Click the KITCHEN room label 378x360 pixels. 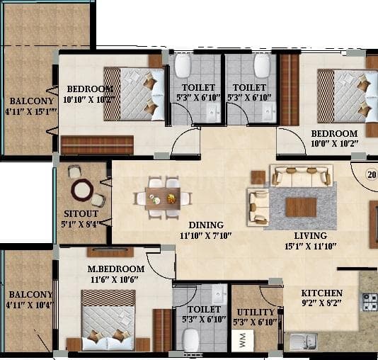tap(322, 293)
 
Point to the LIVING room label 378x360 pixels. tap(311, 235)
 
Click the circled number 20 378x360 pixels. tap(371, 172)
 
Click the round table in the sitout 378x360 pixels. tap(81, 189)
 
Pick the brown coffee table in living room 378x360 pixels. tap(301, 207)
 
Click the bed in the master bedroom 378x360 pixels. tap(108, 319)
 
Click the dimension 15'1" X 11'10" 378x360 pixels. tap(311, 246)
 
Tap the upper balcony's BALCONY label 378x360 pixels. tap(26, 100)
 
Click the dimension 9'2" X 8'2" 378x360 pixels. tap(322, 303)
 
